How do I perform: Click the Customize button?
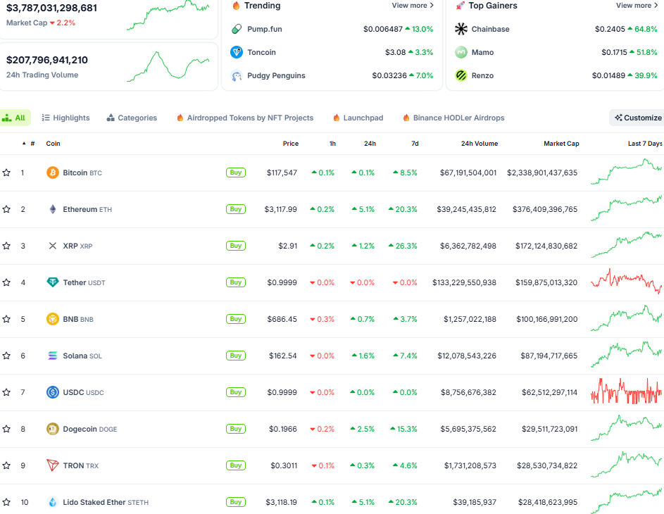(637, 118)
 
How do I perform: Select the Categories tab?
(132, 118)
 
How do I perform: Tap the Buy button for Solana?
(235, 356)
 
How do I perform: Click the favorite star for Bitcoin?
(6, 173)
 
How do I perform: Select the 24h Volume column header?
(479, 144)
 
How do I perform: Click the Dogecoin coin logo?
(52, 429)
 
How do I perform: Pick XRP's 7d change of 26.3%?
(405, 246)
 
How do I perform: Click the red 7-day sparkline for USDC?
(626, 391)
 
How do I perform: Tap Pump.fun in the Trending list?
(264, 29)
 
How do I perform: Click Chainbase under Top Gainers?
(490, 29)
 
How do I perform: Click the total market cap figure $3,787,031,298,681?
(51, 8)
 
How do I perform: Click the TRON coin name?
(73, 465)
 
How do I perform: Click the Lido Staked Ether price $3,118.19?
(281, 502)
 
